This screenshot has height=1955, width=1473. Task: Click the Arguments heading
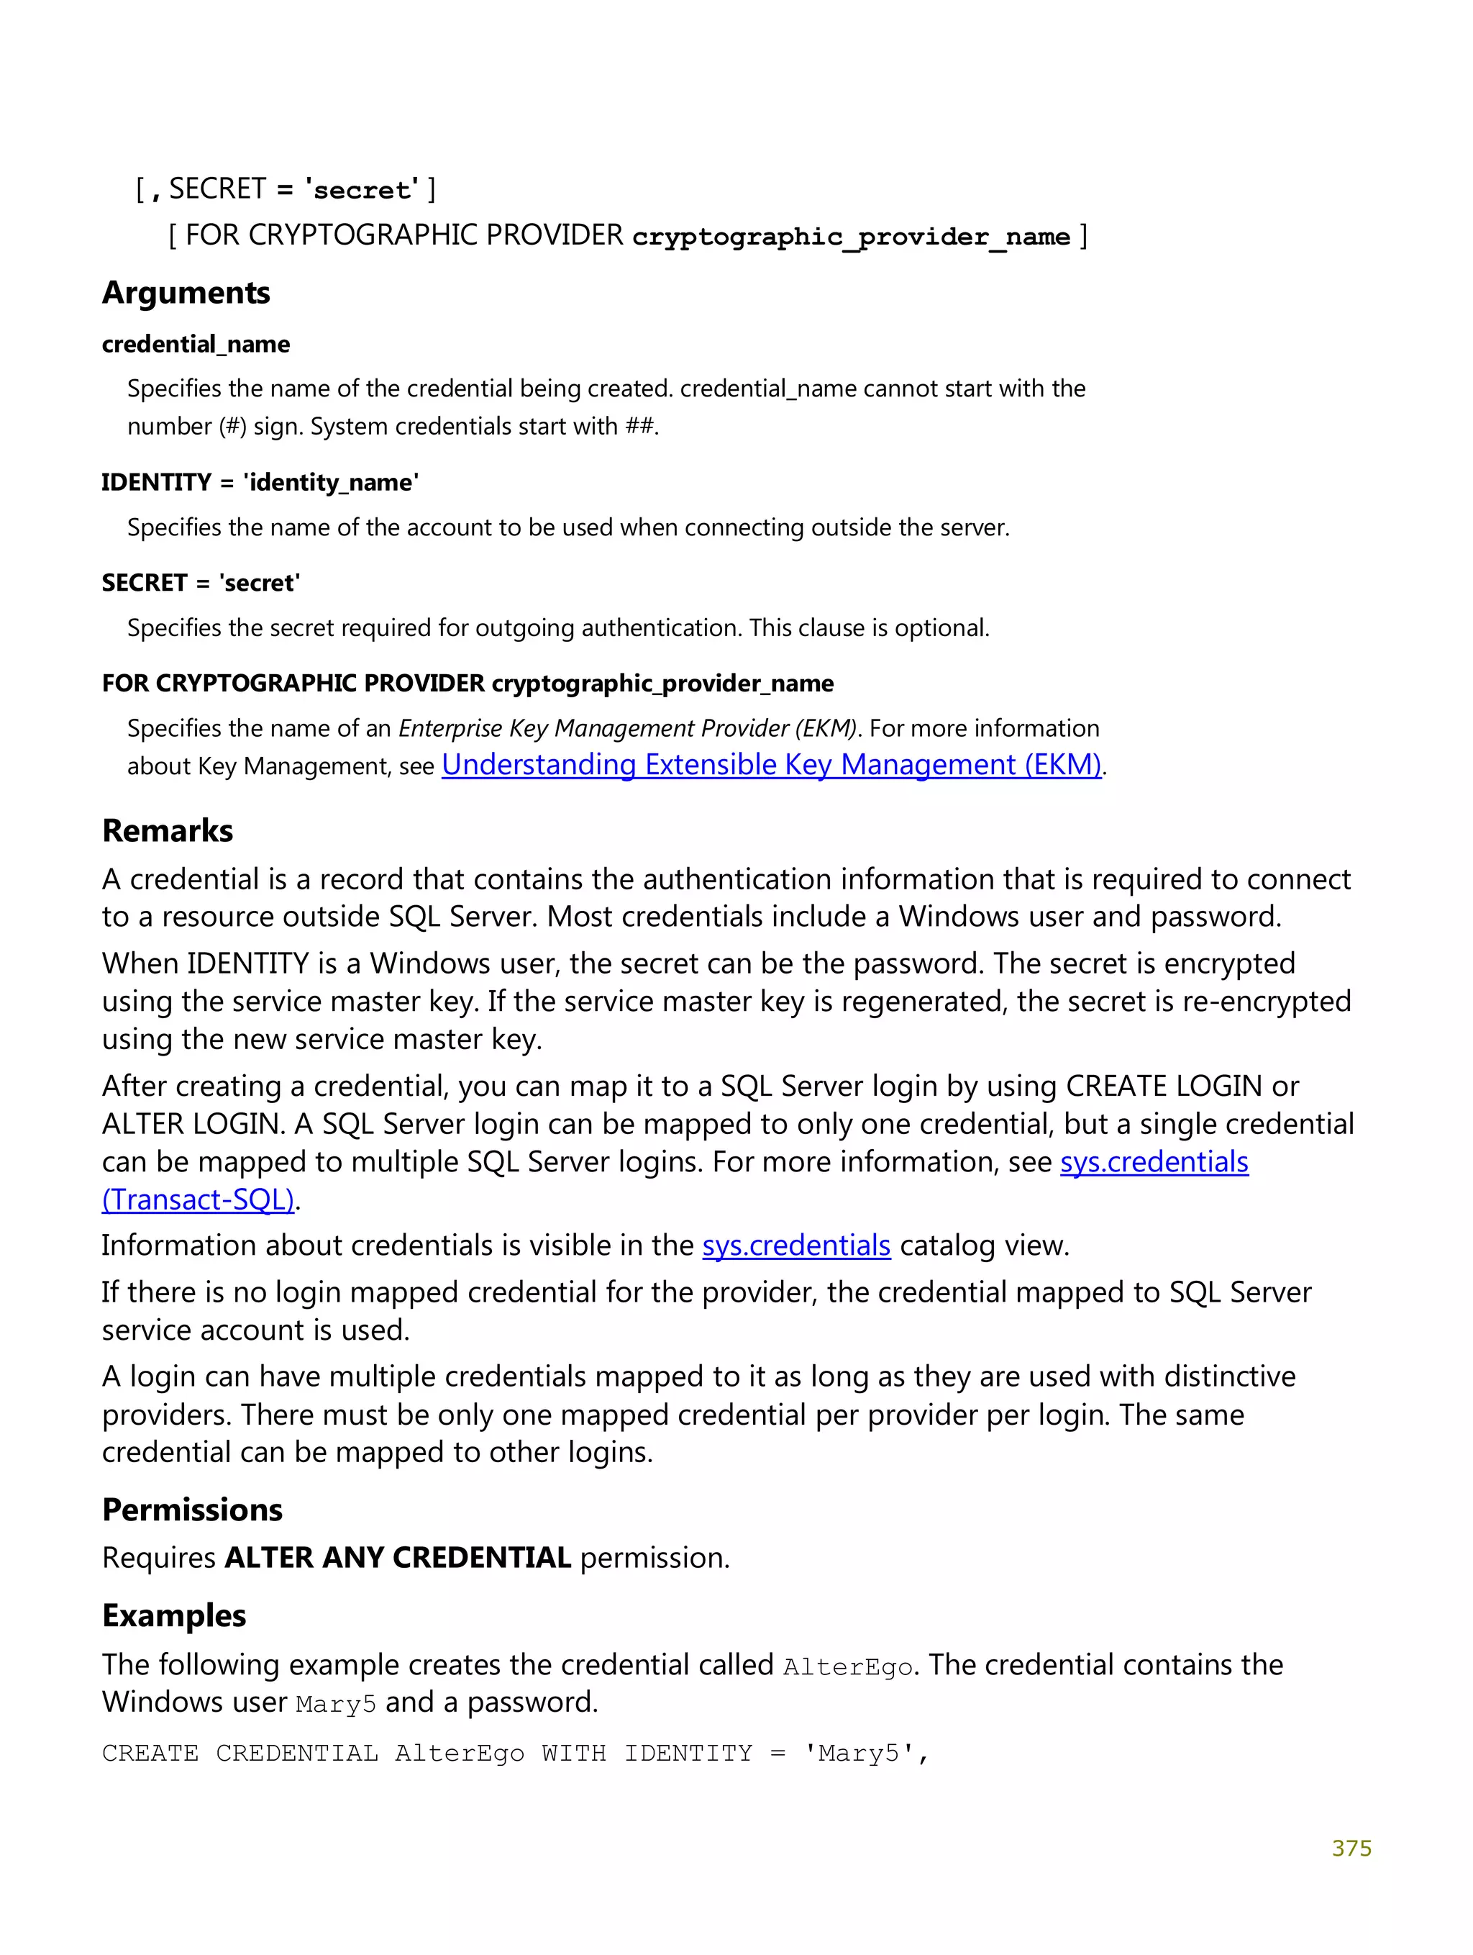(186, 293)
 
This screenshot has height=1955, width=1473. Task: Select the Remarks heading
(167, 831)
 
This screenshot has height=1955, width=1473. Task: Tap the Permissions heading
(192, 1510)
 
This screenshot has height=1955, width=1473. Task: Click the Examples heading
(174, 1615)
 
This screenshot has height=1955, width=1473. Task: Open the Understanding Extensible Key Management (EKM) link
(772, 764)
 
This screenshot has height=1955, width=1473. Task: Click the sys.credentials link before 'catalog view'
(796, 1246)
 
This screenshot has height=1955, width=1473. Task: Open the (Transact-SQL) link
(198, 1199)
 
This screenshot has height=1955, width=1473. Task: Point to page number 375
(1351, 1848)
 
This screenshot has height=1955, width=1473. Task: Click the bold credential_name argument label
(196, 344)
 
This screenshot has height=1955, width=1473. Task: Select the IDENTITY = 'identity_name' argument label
(260, 483)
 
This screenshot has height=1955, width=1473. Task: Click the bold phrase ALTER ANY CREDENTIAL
(398, 1557)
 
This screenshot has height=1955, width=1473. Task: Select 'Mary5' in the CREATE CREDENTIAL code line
(858, 1754)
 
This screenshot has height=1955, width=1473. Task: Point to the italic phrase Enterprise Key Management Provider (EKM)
(627, 728)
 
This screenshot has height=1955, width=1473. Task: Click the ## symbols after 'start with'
(639, 427)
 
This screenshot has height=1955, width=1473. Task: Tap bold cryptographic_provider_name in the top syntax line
(851, 236)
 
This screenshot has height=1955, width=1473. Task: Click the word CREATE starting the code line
(150, 1754)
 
